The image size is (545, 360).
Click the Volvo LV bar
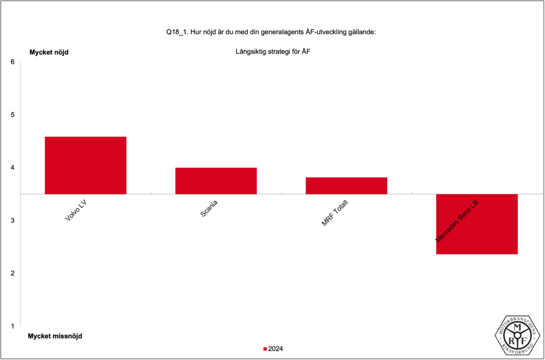tap(85, 165)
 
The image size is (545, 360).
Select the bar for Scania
tap(216, 181)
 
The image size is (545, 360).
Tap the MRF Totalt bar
tap(346, 185)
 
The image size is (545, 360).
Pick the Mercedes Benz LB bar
tap(476, 224)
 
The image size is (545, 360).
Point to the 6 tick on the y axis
tap(12, 62)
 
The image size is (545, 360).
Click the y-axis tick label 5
tap(12, 114)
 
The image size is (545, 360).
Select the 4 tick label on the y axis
tap(12, 167)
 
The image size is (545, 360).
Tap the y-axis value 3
tap(12, 220)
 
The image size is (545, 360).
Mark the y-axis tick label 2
tap(12, 273)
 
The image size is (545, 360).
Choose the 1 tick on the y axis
tap(12, 326)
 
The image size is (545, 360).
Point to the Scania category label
tap(209, 207)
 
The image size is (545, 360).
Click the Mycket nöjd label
tap(48, 52)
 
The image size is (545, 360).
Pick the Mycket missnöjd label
tap(55, 336)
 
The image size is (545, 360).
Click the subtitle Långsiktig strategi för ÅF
tap(272, 52)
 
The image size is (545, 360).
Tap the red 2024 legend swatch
tap(265, 349)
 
